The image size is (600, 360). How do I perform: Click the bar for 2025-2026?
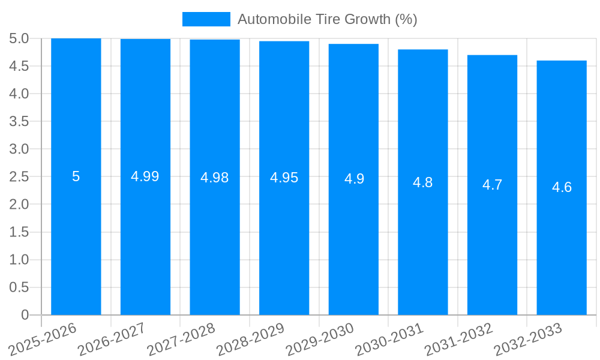pos(76,240)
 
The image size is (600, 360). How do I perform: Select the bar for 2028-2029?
pos(284,240)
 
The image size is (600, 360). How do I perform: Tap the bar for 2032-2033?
pos(562,252)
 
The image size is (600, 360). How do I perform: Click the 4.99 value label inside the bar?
pos(145,176)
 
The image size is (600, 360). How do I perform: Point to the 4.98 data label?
pos(215,178)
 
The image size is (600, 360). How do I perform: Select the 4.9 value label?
pos(354,179)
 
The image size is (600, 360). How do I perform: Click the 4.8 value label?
pos(423,182)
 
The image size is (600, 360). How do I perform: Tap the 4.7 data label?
pos(493,185)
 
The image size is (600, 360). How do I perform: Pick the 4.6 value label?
pos(562,187)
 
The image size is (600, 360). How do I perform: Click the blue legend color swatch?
pos(206,19)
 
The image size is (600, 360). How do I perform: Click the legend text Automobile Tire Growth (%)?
pos(327,19)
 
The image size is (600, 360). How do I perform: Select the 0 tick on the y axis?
pos(25,315)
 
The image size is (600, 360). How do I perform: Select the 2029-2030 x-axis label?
pos(320,339)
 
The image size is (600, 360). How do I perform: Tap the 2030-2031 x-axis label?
pos(389,339)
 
